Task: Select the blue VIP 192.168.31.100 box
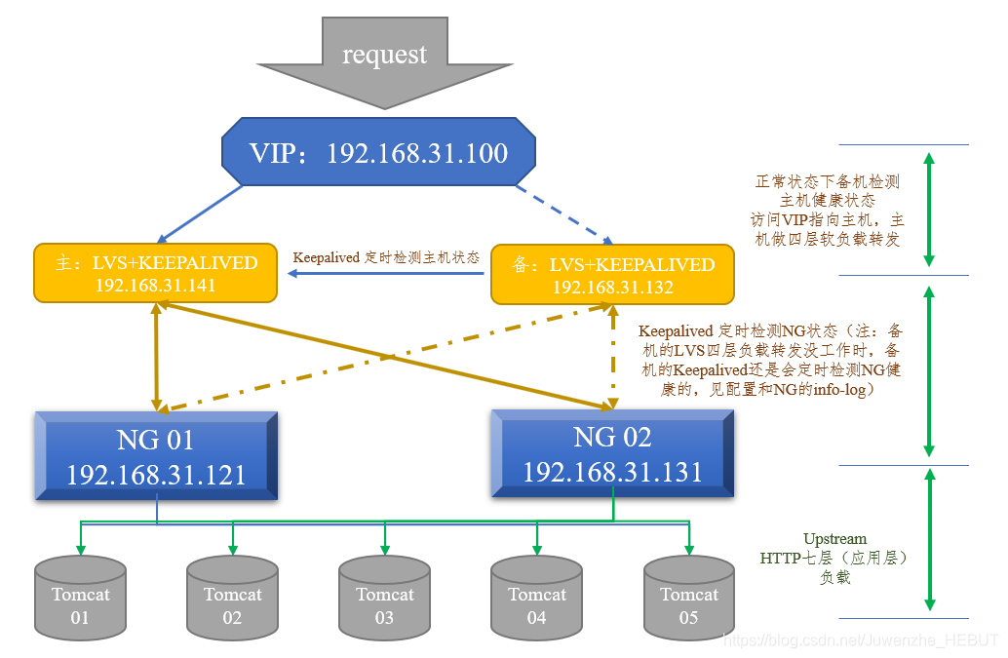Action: (x=378, y=153)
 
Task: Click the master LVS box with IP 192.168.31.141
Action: (x=155, y=274)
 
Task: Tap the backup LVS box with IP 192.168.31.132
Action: (x=612, y=275)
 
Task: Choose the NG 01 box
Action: (x=156, y=456)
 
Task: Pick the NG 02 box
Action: (x=612, y=453)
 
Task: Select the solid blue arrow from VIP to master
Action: (x=201, y=213)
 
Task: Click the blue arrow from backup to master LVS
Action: (x=385, y=274)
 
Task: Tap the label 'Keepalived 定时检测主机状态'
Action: (x=386, y=257)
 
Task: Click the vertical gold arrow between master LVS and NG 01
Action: (x=156, y=356)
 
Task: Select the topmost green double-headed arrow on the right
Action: (x=929, y=209)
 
